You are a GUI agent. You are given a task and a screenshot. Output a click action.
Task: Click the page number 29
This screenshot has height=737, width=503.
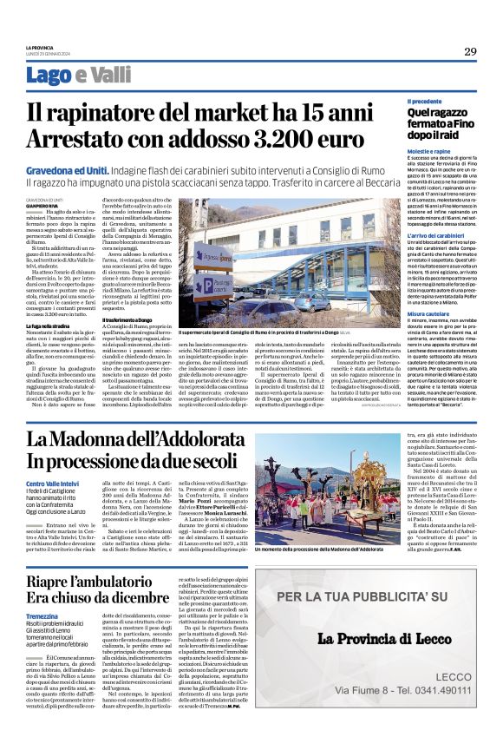pyautogui.click(x=470, y=52)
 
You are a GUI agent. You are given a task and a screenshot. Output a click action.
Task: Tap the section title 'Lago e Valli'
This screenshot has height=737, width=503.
pyautogui.click(x=83, y=76)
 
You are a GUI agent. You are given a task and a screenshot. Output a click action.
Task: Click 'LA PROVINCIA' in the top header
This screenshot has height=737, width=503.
pyautogui.click(x=40, y=46)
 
